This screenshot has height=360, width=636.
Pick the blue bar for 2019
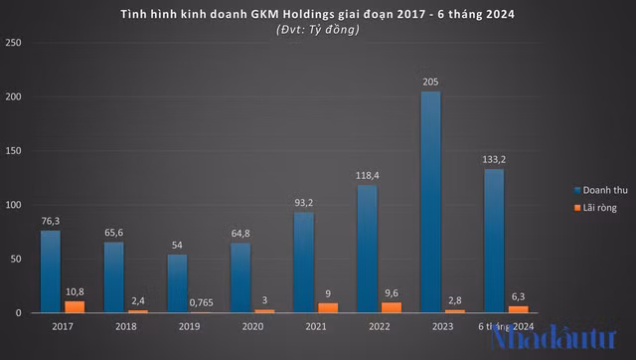coord(176,284)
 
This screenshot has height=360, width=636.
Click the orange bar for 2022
coord(391,308)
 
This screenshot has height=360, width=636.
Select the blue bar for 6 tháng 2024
coord(495,242)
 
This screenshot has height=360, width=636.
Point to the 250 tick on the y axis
coord(14,43)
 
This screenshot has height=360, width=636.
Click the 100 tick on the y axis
coord(14,206)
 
